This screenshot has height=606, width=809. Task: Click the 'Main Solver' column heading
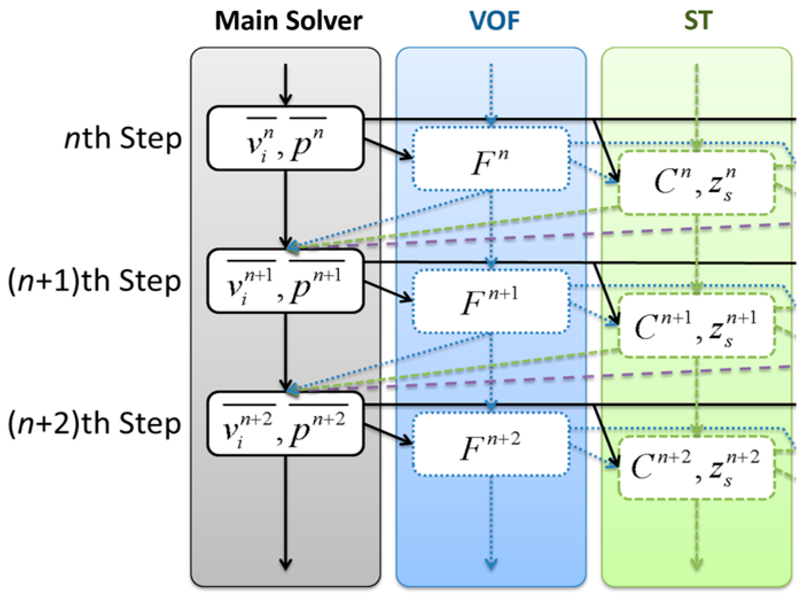(x=288, y=21)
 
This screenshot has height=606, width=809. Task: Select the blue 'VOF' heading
(x=494, y=21)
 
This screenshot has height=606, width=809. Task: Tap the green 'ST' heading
(x=698, y=21)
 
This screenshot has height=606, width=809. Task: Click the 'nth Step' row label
(x=123, y=139)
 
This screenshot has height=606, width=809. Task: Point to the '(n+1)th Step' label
(x=95, y=281)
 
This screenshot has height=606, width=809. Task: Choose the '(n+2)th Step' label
(x=95, y=424)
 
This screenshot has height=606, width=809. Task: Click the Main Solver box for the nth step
(x=285, y=138)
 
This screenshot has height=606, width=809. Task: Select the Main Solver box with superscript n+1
(x=285, y=281)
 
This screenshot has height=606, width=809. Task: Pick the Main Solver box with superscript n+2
(x=285, y=424)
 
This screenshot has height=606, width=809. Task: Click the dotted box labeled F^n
(x=490, y=159)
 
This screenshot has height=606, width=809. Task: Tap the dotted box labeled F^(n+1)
(x=490, y=302)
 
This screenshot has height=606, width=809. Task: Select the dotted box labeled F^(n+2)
(x=490, y=444)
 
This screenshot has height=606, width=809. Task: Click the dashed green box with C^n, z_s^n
(x=697, y=183)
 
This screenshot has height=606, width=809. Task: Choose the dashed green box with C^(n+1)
(x=697, y=325)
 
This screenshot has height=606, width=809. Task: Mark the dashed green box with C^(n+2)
(x=697, y=468)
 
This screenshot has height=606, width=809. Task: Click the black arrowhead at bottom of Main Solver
(x=286, y=563)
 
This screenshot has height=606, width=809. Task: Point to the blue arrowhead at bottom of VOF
(x=491, y=563)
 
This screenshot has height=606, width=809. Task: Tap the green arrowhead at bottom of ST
(x=697, y=563)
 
